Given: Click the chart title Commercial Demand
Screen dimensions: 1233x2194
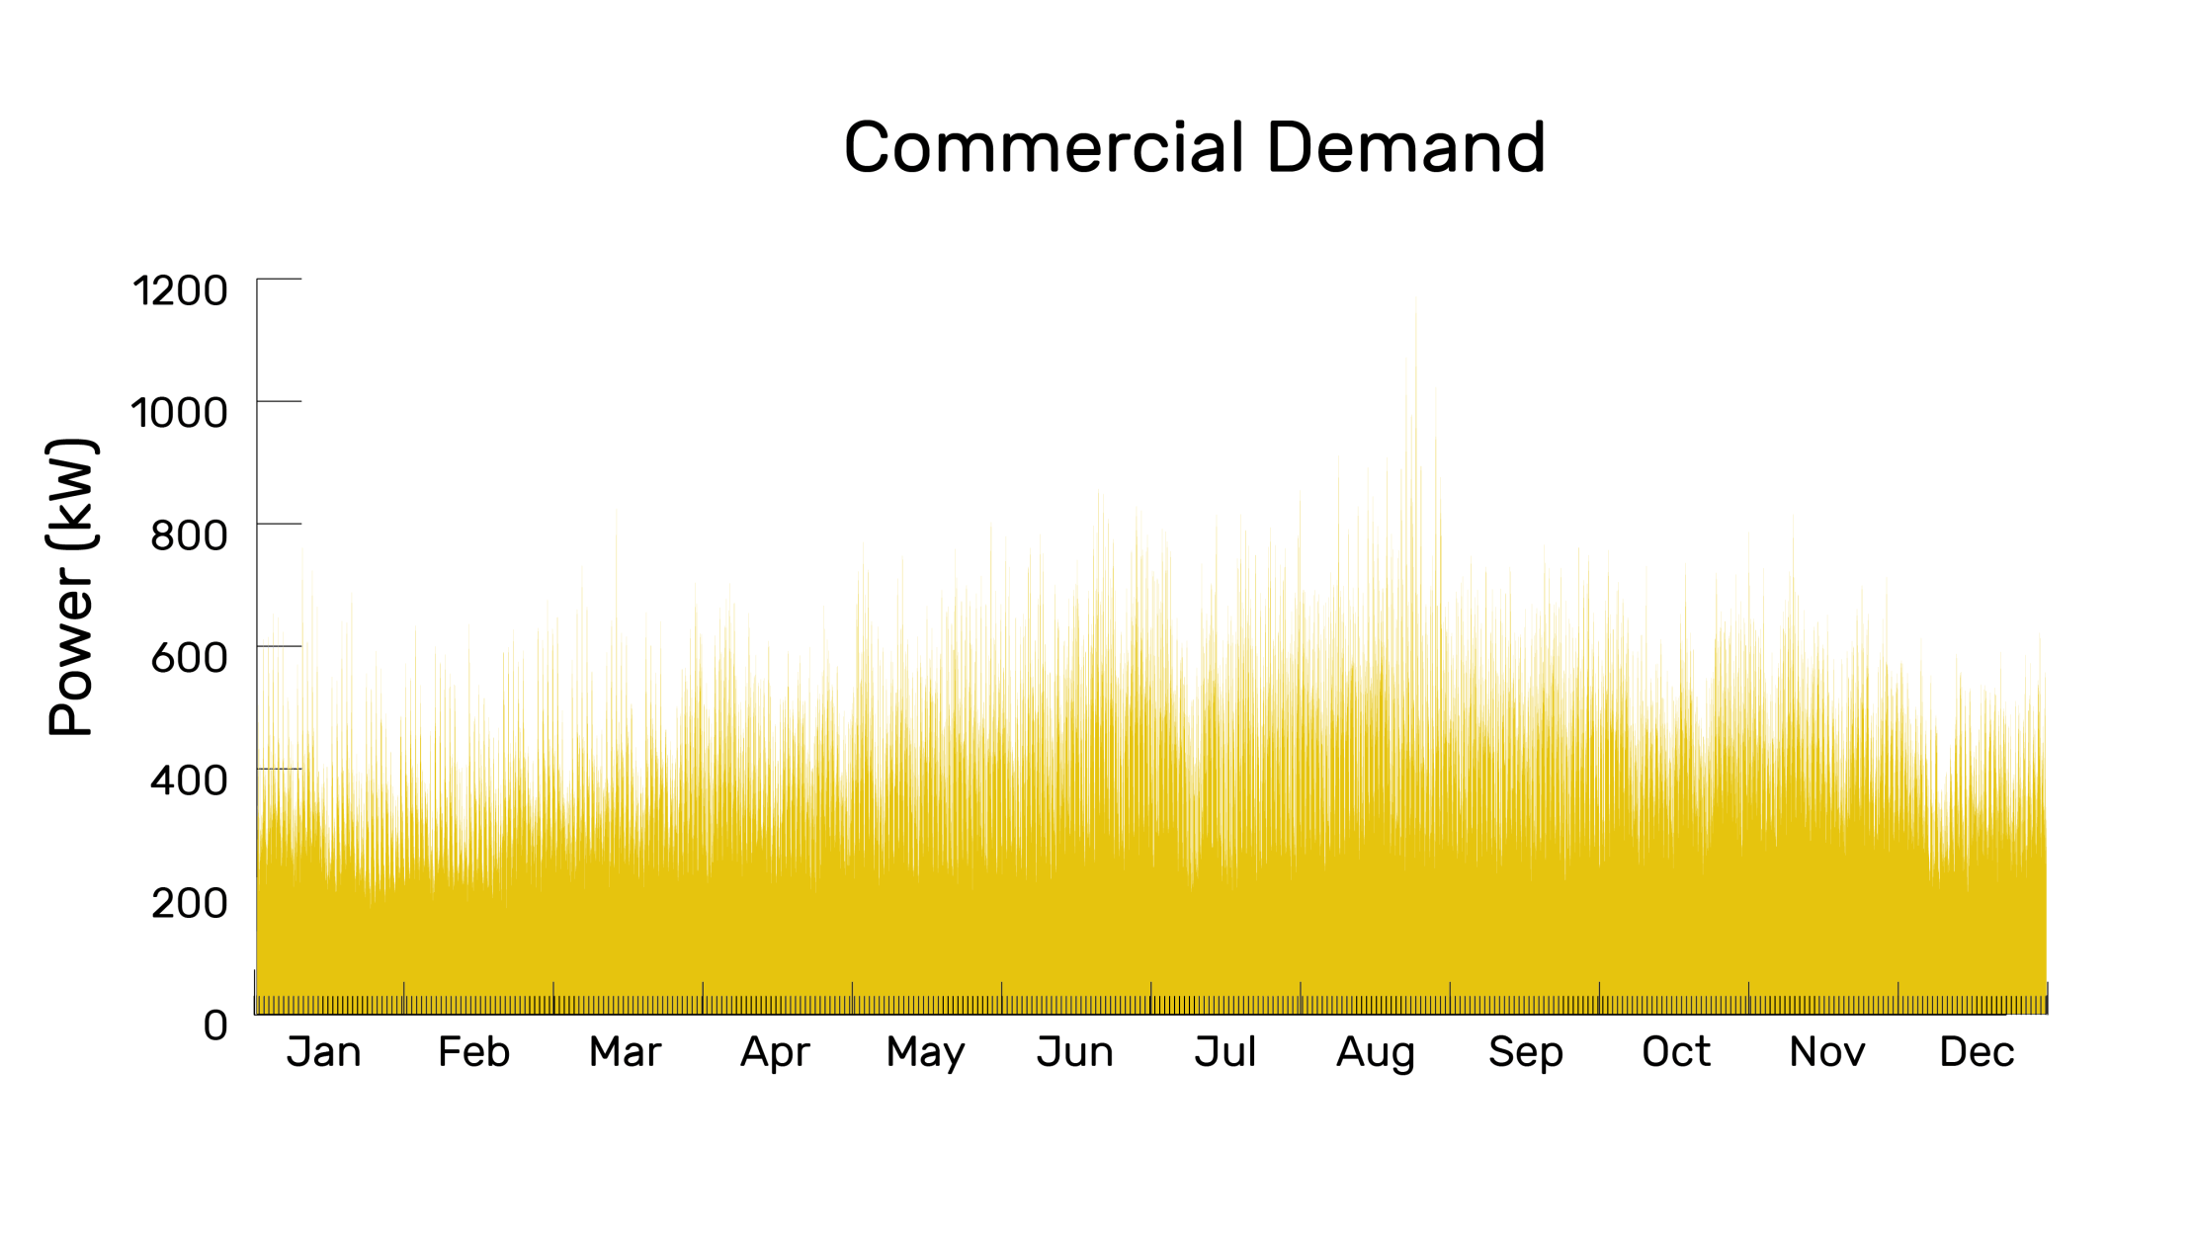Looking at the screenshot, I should point(1194,148).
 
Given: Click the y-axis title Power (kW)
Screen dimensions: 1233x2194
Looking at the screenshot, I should point(71,587).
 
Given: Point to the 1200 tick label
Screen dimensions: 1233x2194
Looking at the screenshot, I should point(180,290).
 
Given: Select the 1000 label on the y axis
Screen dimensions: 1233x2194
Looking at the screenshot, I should point(180,412).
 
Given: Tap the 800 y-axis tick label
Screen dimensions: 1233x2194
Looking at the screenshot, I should point(189,534).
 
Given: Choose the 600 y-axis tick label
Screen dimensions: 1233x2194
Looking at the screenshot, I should point(189,657).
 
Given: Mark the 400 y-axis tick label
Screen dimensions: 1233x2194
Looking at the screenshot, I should point(189,780).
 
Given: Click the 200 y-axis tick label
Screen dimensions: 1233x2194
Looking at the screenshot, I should point(189,902).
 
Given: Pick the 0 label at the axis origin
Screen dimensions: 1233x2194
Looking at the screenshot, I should point(215,1025).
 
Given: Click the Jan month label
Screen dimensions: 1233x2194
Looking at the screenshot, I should point(324,1052).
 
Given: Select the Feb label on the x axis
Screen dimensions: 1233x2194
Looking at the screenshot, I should point(474,1052).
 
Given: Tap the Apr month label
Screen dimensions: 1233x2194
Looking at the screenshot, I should point(775,1052).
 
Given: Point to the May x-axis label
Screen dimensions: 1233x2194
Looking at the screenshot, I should point(925,1052).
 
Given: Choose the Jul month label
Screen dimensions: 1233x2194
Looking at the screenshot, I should point(1225,1052).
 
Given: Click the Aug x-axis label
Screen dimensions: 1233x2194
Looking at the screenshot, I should point(1376,1052).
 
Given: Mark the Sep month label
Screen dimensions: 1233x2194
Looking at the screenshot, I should point(1526,1052).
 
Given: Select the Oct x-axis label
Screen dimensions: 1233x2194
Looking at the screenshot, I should point(1676,1052).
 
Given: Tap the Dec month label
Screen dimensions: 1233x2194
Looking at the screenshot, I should point(1977,1052).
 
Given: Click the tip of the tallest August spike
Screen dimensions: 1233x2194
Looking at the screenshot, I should point(1415,298).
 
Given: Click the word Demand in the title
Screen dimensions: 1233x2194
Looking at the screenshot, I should point(1405,148).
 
